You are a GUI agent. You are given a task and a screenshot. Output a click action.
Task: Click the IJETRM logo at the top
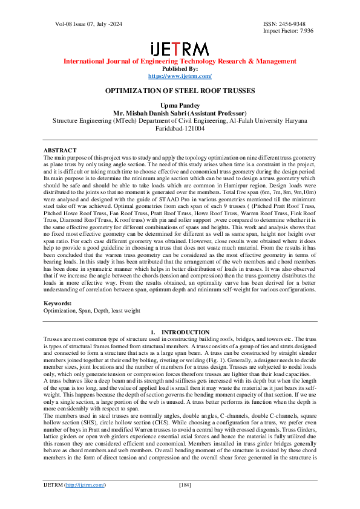coord(180,49)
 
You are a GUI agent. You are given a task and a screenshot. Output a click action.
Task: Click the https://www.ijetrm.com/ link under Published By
coord(180,76)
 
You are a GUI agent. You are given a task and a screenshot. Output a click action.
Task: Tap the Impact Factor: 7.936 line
coord(288,30)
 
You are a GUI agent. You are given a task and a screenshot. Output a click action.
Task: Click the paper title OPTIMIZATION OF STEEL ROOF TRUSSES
coord(180,91)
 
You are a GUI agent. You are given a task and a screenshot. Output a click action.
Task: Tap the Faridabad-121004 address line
coord(180,128)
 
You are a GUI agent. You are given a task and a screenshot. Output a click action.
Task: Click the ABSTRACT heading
coord(60,150)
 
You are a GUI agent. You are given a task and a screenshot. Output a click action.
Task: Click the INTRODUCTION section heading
coord(180,332)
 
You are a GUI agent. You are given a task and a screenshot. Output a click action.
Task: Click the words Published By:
coord(180,69)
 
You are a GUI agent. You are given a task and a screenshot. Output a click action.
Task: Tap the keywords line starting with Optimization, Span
coord(91,310)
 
